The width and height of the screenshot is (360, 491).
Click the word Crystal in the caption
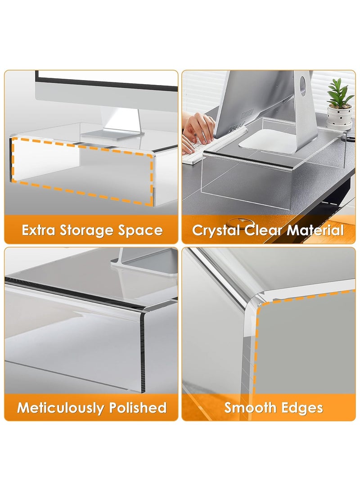[216, 230]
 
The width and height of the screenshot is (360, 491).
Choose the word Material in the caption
[315, 230]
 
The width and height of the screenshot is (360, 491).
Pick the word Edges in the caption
[303, 408]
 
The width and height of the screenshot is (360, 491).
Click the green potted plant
[340, 93]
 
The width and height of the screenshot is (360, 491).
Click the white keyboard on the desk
[211, 144]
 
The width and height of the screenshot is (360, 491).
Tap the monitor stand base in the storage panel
[112, 133]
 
